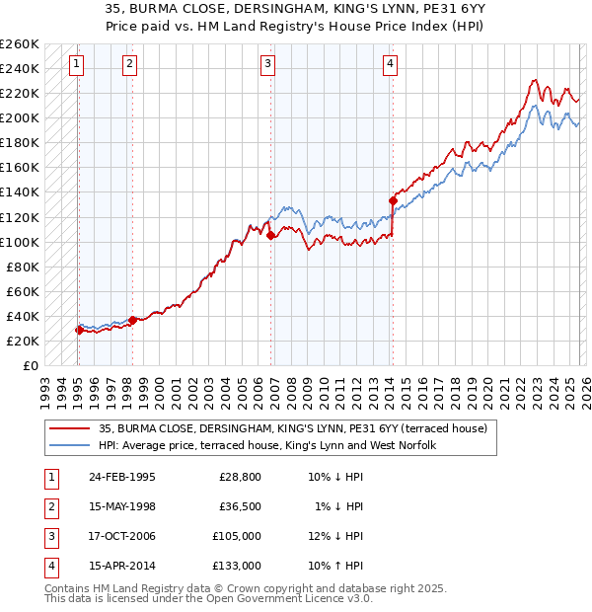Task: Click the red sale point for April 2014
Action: [393, 200]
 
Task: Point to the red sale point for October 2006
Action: [270, 235]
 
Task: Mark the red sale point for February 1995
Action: [79, 330]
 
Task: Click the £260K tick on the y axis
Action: [20, 44]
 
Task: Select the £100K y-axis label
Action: [20, 242]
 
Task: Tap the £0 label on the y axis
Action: [30, 365]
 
